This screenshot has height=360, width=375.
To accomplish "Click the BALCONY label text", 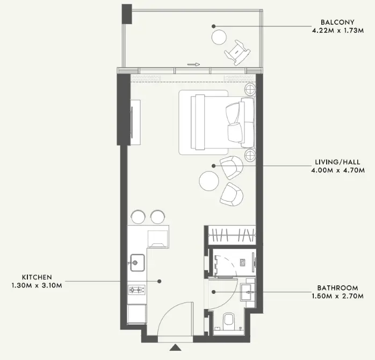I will [336, 23].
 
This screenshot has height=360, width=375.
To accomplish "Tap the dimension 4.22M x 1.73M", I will [336, 31].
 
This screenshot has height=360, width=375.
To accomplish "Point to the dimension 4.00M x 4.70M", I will [337, 171].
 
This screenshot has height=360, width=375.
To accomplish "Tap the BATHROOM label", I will [337, 288].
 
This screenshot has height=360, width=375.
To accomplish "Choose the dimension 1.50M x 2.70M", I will [337, 296].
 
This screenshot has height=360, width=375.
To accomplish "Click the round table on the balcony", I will [219, 37].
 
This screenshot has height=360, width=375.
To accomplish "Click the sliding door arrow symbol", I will [194, 65].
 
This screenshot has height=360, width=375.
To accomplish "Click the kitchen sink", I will [136, 263].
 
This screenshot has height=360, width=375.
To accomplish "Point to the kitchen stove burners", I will [135, 290].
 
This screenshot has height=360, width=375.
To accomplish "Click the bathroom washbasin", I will [249, 292].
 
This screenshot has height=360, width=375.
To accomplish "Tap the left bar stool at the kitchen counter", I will [138, 217].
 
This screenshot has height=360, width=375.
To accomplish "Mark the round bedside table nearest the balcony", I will [250, 89].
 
